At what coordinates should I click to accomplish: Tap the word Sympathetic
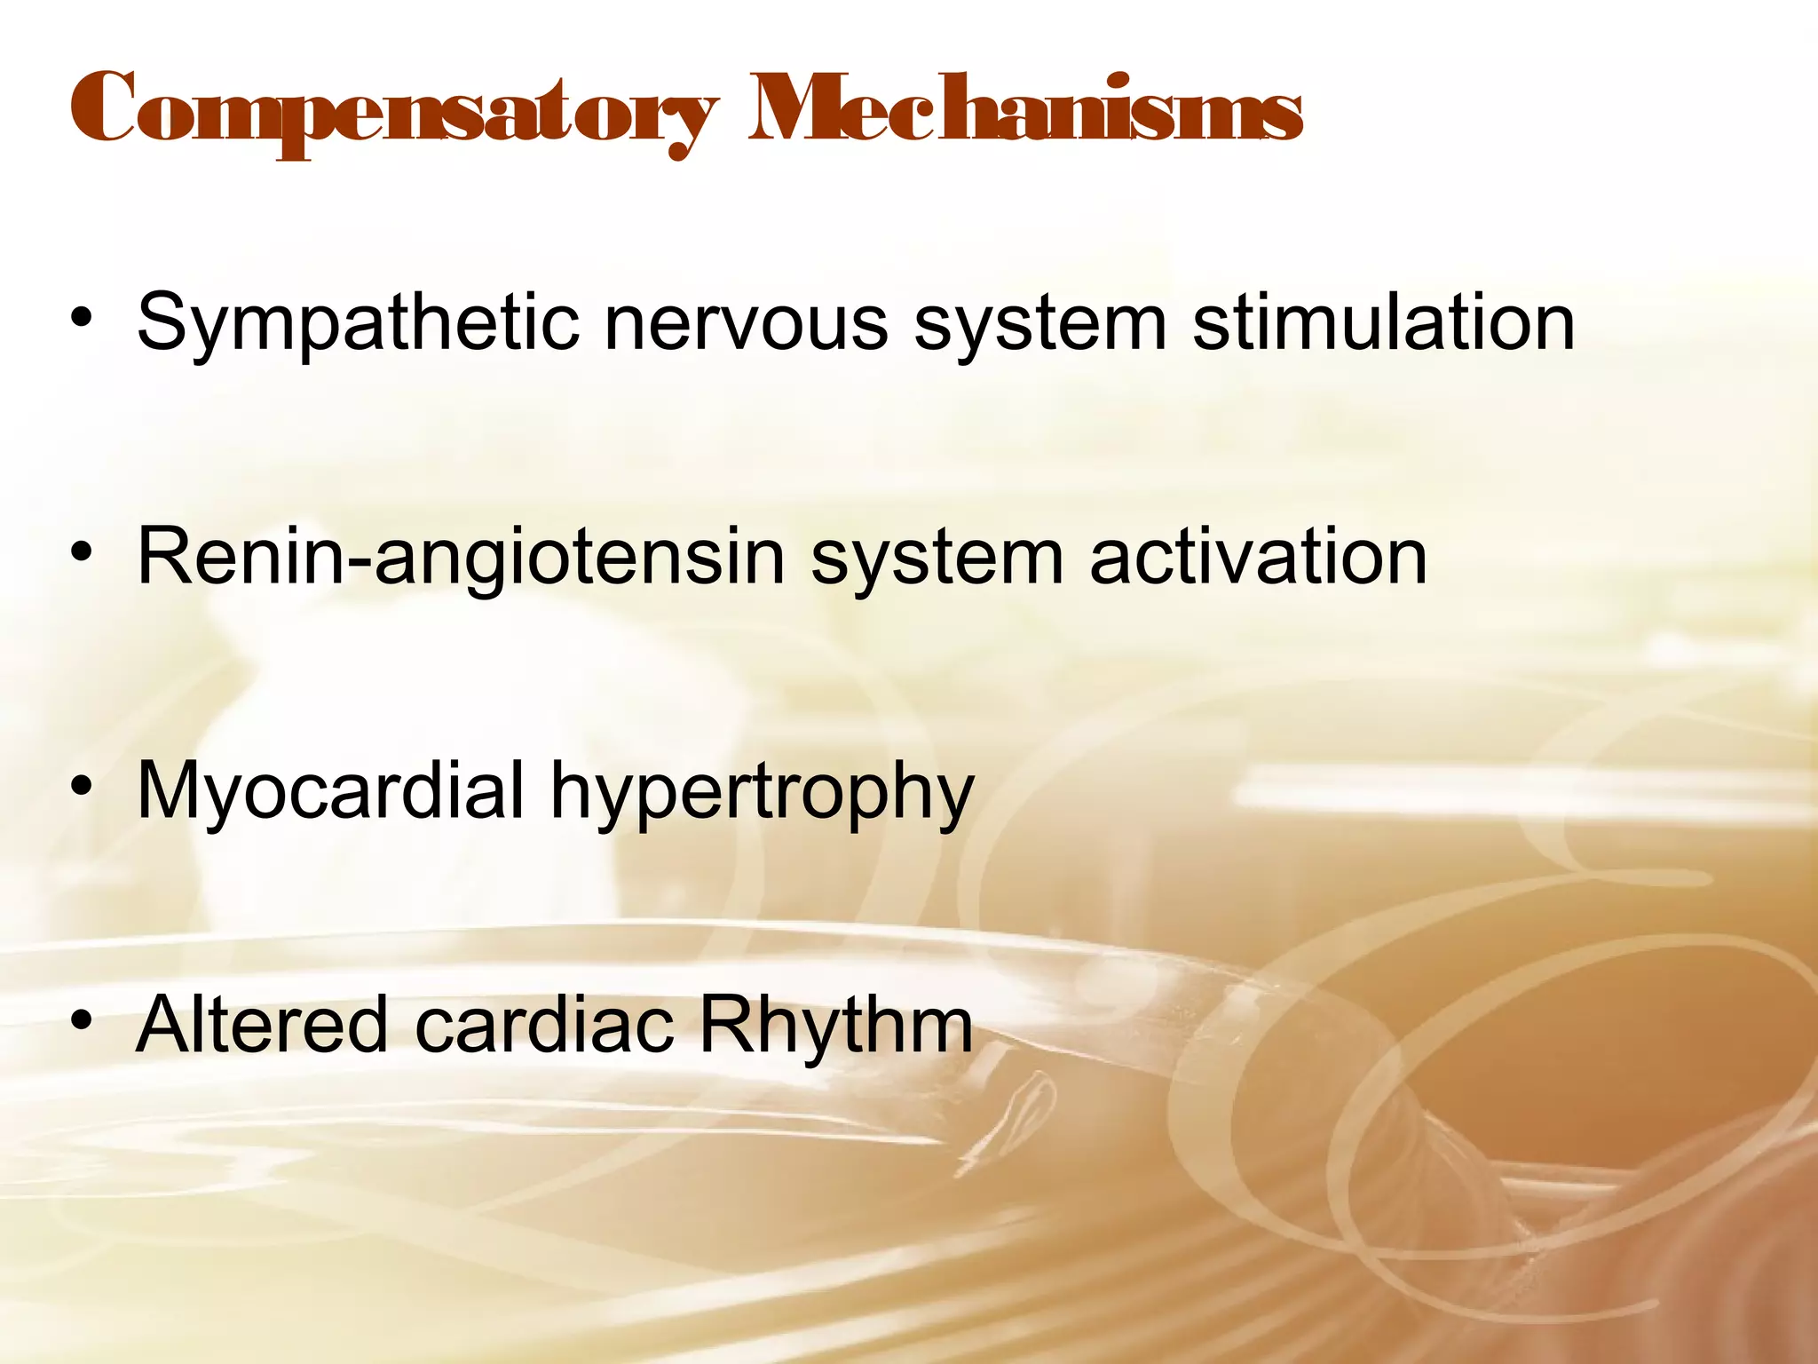[358, 322]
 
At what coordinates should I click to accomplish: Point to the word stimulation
[1383, 321]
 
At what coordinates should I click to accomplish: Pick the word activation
[1258, 557]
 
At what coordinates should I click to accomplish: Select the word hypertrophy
[762, 792]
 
